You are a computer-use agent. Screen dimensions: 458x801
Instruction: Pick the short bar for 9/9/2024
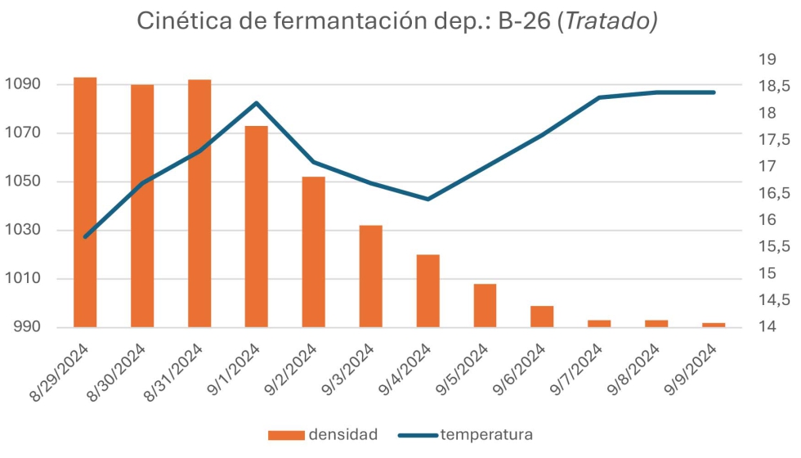pyautogui.click(x=714, y=325)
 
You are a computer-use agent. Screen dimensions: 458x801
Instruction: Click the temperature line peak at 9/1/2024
pyautogui.click(x=257, y=103)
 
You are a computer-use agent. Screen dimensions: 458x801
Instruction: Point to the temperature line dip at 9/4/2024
pyautogui.click(x=428, y=199)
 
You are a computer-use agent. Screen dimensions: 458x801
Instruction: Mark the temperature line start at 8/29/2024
pyautogui.click(x=86, y=236)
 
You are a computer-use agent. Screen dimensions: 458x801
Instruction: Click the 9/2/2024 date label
pyautogui.click(x=291, y=372)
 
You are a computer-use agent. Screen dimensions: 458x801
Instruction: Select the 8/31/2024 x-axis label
pyautogui.click(x=177, y=372)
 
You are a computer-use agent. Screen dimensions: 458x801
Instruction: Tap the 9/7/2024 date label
pyautogui.click(x=577, y=372)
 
